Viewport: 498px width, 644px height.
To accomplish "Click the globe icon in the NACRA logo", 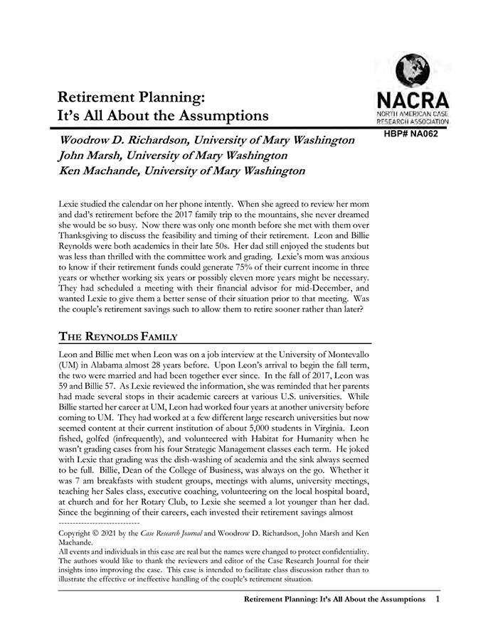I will pos(410,70).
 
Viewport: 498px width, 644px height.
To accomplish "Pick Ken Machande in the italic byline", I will pos(100,171).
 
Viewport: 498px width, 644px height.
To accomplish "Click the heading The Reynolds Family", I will pos(117,336).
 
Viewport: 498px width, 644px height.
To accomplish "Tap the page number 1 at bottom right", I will pos(438,600).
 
